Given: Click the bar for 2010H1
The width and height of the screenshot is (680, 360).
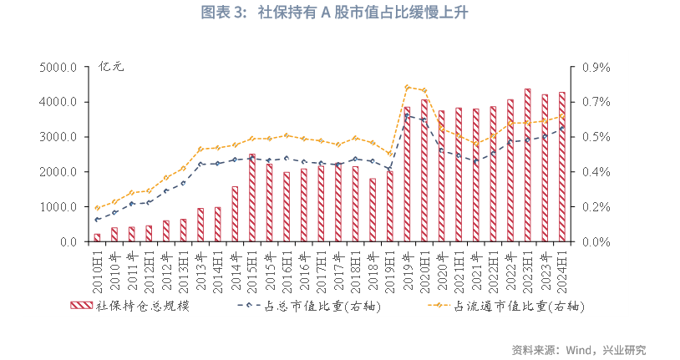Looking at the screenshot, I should coord(97,238).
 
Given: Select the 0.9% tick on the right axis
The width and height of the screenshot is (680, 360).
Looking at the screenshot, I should coord(596,67).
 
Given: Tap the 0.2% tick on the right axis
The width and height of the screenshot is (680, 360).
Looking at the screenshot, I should coord(596,207).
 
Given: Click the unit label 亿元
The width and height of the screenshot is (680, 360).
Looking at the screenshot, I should coord(111,66).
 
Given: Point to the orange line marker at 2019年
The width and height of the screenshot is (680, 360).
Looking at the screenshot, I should coord(407,87).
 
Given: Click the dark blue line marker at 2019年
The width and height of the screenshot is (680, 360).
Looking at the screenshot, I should coord(407,115).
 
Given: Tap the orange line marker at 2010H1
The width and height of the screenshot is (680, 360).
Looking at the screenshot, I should coord(97,208).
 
